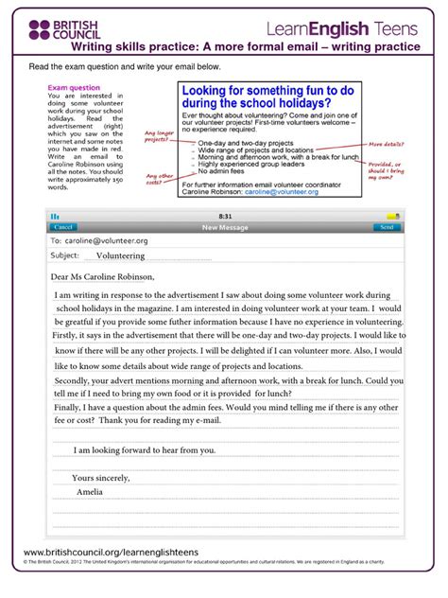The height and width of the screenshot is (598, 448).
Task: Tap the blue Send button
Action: pos(385,228)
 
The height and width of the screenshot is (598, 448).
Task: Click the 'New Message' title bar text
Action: pos(223,228)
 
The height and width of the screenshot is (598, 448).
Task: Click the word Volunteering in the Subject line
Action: pos(113,255)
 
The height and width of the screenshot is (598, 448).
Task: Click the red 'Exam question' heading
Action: pos(74,88)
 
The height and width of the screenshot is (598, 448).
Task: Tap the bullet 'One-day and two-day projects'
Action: pos(242,142)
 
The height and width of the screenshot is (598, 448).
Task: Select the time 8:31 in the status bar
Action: pos(224,217)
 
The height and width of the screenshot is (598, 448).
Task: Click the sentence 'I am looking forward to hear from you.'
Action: pos(145,449)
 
